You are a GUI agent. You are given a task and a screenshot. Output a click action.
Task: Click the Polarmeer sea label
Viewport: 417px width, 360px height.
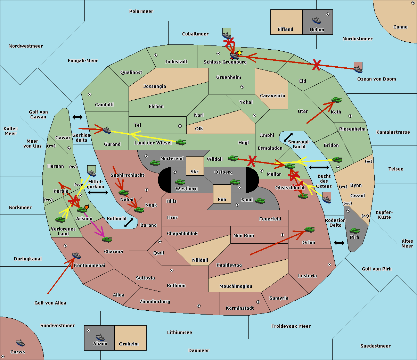click(141, 11)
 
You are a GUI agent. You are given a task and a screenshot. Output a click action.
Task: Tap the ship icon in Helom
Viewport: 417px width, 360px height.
click(316, 20)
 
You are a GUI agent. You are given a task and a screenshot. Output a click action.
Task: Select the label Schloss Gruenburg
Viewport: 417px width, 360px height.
click(225, 62)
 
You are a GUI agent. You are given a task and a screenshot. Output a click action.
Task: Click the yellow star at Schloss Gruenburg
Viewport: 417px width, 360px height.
click(239, 52)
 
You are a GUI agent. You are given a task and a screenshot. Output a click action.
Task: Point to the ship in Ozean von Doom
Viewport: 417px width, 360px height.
click(358, 69)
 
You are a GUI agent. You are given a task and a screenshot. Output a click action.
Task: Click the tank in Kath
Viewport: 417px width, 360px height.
click(336, 100)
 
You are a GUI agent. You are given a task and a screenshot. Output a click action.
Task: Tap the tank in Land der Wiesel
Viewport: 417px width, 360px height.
click(181, 142)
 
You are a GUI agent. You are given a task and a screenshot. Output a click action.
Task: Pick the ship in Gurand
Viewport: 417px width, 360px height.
click(107, 130)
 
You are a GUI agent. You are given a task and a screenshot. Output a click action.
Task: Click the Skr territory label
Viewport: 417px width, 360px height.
click(195, 171)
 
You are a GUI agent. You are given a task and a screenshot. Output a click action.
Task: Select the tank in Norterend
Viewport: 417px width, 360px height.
click(155, 163)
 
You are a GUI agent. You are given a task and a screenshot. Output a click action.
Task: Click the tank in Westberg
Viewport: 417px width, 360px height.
click(180, 182)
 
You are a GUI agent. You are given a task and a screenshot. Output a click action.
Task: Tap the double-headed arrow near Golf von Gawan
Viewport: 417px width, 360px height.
click(77, 117)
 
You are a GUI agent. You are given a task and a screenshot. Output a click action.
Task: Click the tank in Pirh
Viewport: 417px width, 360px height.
click(354, 231)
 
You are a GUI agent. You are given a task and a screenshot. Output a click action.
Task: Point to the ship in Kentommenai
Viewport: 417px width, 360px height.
click(76, 256)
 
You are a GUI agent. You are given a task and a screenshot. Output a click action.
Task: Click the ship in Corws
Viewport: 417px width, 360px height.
click(21, 343)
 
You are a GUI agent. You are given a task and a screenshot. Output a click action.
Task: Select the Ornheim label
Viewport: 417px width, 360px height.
click(129, 344)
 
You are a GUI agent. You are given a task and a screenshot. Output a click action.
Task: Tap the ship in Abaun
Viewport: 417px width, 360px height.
click(100, 337)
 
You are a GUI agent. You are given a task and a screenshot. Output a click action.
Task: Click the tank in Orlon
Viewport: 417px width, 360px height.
click(309, 229)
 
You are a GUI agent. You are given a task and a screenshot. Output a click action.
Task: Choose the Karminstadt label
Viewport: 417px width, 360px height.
click(240, 308)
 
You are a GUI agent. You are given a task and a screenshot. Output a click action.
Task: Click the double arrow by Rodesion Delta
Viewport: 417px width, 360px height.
click(339, 243)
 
